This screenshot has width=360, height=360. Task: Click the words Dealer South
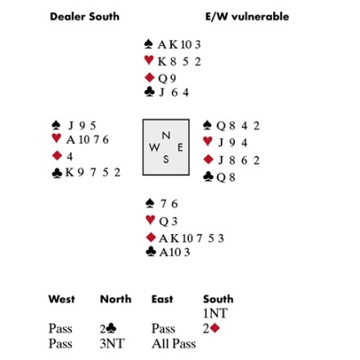click(84, 16)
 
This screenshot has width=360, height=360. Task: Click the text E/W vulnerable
click(247, 16)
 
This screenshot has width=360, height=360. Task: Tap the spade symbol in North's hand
click(148, 44)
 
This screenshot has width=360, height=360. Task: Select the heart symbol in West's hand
click(56, 138)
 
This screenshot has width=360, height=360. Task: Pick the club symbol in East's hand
click(208, 177)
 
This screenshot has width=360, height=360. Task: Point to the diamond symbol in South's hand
click(151, 237)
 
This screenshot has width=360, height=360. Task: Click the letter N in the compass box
click(166, 135)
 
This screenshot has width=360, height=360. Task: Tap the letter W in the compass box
click(155, 147)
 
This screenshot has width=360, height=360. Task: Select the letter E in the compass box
click(180, 147)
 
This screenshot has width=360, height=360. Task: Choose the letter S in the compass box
click(166, 160)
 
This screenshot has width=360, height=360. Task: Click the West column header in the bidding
click(61, 299)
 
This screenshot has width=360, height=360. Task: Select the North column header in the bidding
click(115, 299)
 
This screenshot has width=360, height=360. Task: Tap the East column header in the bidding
click(162, 299)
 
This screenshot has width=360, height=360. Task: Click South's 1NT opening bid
click(215, 313)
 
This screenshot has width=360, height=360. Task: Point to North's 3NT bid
click(112, 344)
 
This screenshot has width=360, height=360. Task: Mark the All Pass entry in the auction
click(173, 344)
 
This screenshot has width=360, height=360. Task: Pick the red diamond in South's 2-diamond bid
click(215, 328)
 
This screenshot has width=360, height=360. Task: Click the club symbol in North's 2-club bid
click(111, 328)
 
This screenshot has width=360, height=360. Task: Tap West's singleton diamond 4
click(70, 156)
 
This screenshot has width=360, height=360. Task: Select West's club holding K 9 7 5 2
click(93, 173)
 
